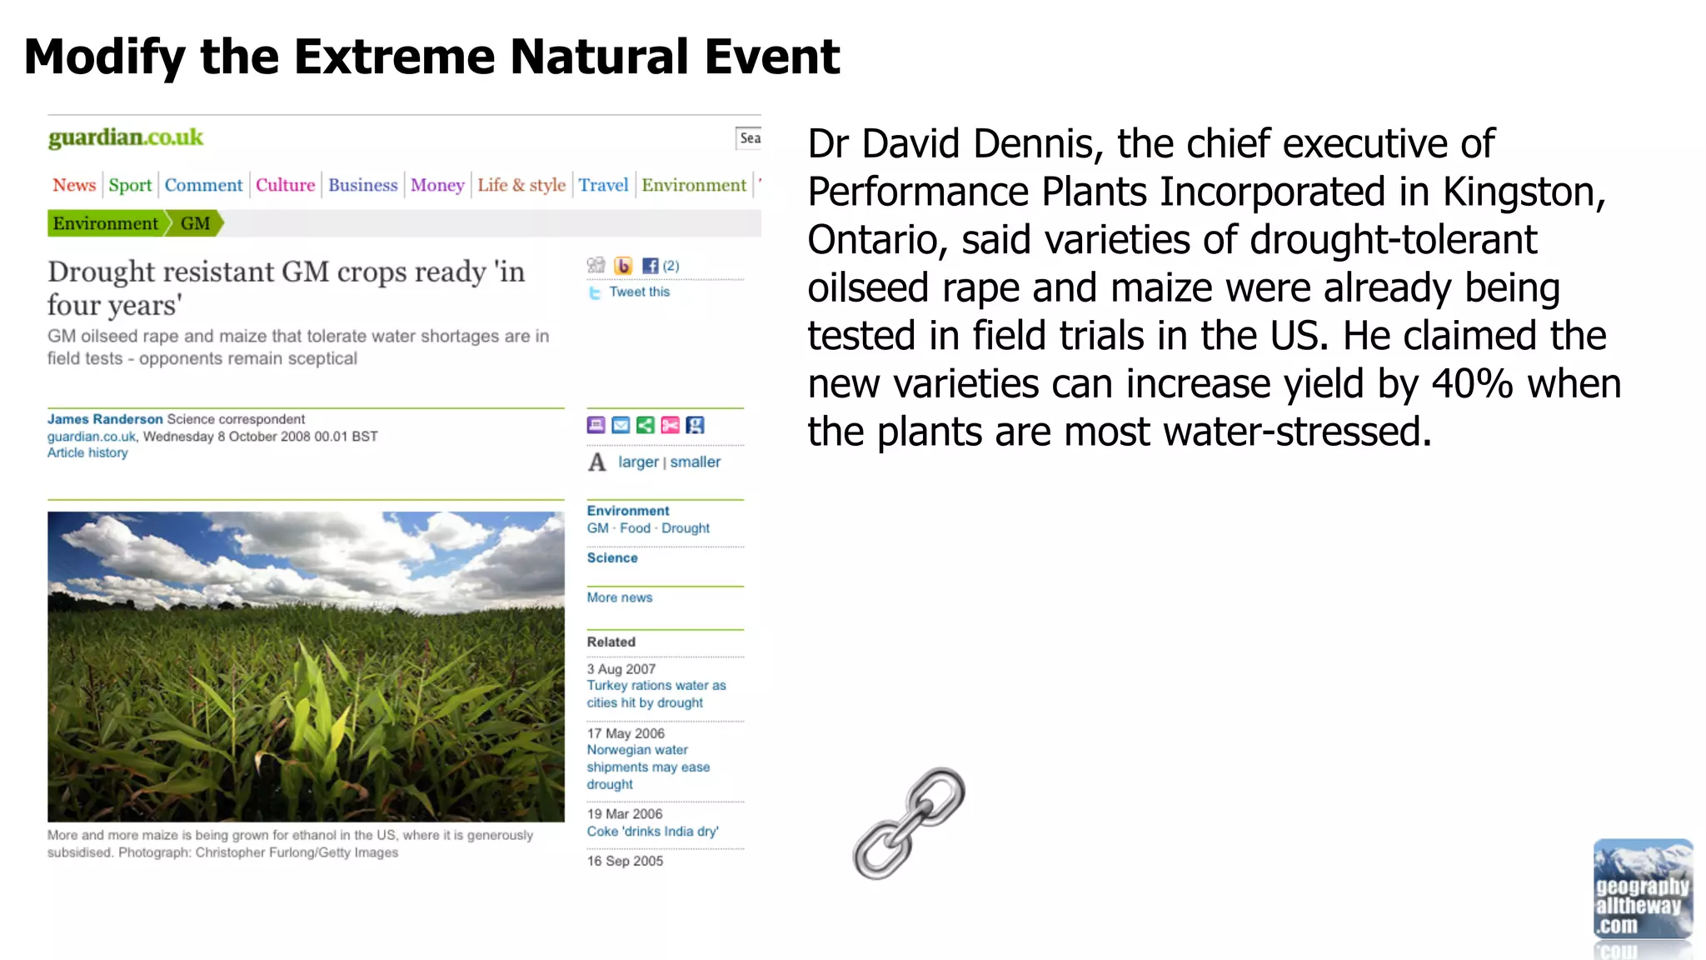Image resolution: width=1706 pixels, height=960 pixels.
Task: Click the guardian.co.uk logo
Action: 125,137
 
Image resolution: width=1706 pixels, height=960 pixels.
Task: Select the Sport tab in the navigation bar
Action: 130,185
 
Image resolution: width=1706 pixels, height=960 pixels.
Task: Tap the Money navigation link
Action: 437,185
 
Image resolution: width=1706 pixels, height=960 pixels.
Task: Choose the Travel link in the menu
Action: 603,185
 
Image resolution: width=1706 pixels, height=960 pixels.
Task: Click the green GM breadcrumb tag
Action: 195,223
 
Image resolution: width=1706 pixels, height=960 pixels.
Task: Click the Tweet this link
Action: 639,292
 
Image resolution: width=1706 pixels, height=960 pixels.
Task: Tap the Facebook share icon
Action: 651,266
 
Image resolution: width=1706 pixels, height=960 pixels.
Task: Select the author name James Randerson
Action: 105,419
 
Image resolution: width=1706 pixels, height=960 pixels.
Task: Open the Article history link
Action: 87,452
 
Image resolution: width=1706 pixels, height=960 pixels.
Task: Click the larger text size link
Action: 638,462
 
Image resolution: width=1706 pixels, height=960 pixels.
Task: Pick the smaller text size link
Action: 696,462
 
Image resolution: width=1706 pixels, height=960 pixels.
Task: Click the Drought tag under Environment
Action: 686,528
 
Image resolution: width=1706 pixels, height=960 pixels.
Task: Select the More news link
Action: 620,597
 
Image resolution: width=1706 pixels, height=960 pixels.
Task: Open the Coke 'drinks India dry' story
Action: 652,832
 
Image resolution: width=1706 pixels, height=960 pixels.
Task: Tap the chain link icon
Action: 909,823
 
